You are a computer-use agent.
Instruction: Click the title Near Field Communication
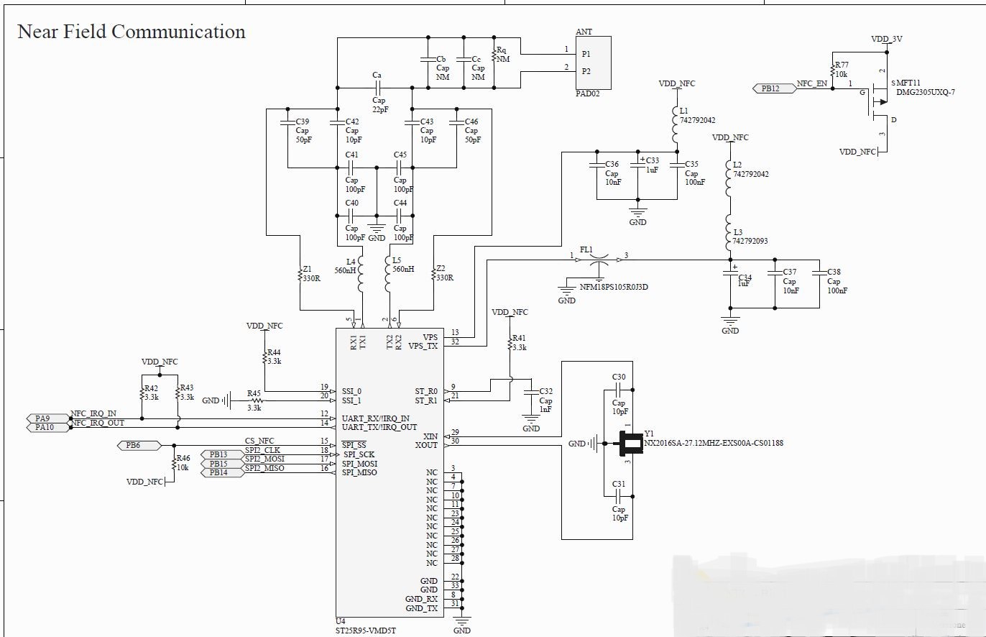coord(131,32)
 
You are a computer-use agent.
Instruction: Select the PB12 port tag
coord(771,88)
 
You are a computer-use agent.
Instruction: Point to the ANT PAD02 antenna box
coord(593,63)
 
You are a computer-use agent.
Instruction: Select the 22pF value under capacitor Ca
coord(379,109)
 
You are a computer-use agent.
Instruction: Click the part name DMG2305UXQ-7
coord(925,93)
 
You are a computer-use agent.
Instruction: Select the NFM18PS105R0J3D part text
coord(614,287)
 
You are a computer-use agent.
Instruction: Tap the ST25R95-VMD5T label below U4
coord(366,631)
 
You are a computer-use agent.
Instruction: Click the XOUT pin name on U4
coord(426,446)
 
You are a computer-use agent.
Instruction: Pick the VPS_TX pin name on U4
coord(423,346)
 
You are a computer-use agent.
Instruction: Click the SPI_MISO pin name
coord(360,472)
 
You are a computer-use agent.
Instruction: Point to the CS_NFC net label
coord(259,441)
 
